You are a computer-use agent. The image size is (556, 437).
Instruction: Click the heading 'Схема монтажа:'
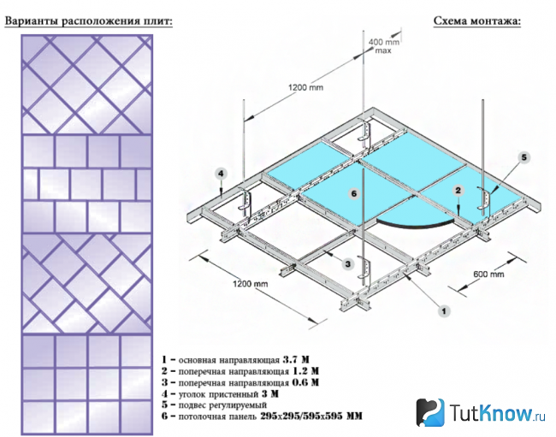pos(477,21)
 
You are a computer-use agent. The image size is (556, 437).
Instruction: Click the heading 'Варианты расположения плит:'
pos(88,21)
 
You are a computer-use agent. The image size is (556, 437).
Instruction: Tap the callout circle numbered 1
pos(444,311)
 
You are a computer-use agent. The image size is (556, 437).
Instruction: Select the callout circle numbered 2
pos(458,191)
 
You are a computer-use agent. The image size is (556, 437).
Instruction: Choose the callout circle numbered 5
pos(524,157)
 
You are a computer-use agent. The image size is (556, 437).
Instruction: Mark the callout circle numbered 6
pos(353,193)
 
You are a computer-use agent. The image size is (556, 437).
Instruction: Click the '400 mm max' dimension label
pos(384,46)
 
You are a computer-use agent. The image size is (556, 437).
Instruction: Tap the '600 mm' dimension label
pos(488,274)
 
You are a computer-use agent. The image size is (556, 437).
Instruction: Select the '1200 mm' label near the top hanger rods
pos(305,87)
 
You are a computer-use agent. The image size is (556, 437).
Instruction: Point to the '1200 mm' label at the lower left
pos(251,284)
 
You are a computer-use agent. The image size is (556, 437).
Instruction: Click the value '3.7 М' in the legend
pos(296,360)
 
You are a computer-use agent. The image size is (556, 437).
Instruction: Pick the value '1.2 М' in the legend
pos(305,371)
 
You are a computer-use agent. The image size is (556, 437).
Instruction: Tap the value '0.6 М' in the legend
pos(305,382)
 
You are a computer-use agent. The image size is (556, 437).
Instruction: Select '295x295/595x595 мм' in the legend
pos(311,416)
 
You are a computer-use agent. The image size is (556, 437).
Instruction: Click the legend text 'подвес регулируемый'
pos(222,405)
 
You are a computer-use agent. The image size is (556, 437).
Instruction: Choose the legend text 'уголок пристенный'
pos(218,393)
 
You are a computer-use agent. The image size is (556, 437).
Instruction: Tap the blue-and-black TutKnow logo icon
pos(429,412)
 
